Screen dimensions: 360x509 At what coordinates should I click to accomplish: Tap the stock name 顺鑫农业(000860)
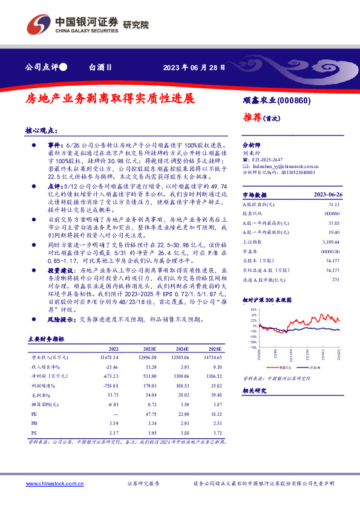(x=276, y=100)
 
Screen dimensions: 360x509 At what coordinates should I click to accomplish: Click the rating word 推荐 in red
(x=252, y=117)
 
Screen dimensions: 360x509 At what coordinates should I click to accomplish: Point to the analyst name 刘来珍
(x=250, y=154)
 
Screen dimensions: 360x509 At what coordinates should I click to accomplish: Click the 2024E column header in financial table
(x=182, y=349)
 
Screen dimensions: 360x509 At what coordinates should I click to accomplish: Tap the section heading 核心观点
(x=41, y=131)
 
